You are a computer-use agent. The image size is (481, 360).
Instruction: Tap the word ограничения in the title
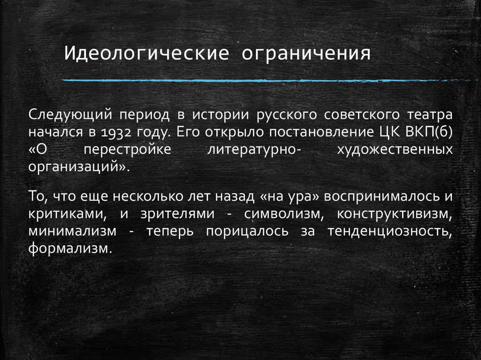(306, 53)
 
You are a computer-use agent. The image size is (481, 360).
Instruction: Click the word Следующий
(69, 115)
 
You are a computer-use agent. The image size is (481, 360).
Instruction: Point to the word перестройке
(127, 150)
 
